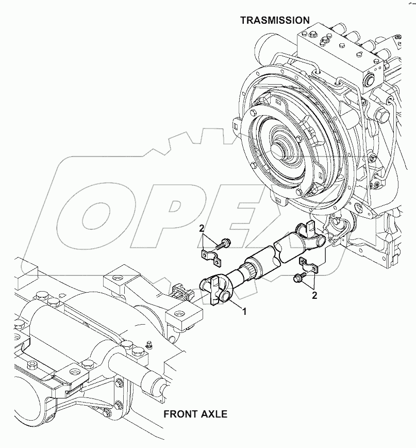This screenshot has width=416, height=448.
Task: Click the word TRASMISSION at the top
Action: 275,20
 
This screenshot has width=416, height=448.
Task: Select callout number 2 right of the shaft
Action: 314,295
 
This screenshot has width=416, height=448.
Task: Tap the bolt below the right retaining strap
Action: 298,279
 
